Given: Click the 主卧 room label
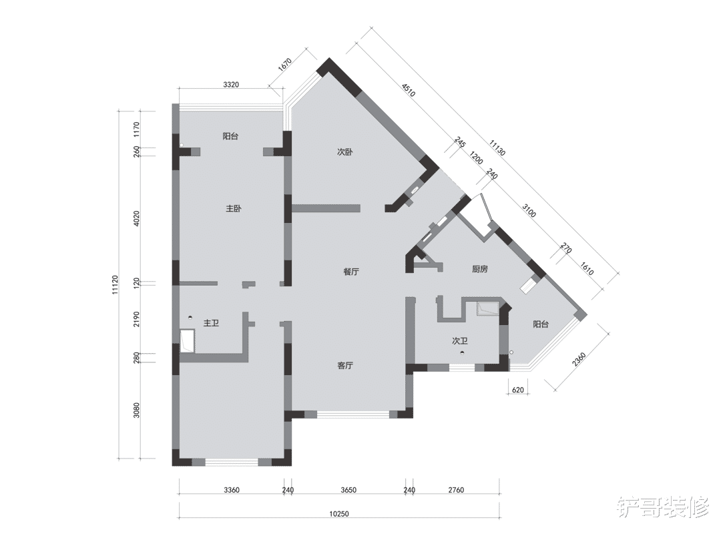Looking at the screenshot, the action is (234, 209).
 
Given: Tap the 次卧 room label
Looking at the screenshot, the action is (345, 152).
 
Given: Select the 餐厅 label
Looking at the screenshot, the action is (351, 272).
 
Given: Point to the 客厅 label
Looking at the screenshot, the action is (345, 366).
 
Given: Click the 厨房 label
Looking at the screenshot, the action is (479, 269).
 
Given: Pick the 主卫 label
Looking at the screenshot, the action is (211, 323).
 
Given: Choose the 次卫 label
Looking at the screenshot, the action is (460, 341).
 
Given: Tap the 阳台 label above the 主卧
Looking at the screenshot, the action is (230, 137).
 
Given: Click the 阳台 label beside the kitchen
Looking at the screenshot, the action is (541, 324).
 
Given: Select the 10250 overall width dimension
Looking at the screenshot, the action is (339, 514).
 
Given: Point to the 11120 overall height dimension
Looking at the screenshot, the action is (115, 285).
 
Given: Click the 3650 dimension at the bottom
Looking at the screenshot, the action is (348, 491).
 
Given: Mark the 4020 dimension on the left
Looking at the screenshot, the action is (136, 219).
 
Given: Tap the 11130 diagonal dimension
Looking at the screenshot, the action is (497, 148).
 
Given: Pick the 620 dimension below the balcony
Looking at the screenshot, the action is (518, 390).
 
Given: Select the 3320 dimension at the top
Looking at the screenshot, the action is (231, 85).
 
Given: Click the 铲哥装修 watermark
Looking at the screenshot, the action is (664, 507).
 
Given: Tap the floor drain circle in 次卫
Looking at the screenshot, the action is (462, 353).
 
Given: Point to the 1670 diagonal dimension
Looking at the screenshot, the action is (285, 64).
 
